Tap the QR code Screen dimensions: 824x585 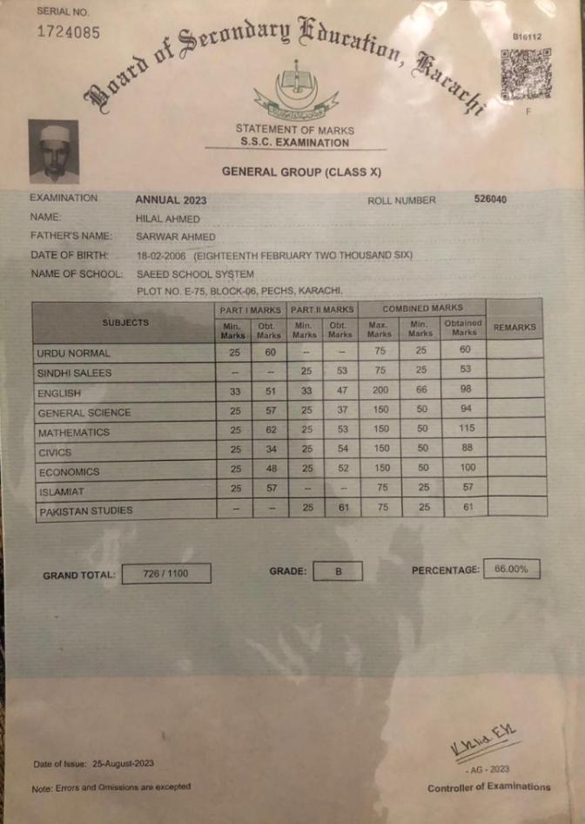526,74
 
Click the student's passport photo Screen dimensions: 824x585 53,151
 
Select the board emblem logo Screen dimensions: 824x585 296,91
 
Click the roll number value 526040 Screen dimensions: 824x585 490,199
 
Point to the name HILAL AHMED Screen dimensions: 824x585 168,219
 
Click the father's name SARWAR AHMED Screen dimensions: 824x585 175,237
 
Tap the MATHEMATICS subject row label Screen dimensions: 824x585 74,432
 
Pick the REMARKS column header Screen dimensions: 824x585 514,328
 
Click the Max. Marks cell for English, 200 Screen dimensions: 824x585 380,392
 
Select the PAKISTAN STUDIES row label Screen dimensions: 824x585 85,511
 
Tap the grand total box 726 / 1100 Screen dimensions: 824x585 165,574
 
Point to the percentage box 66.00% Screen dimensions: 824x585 511,569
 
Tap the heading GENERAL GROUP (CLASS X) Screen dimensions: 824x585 301,172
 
